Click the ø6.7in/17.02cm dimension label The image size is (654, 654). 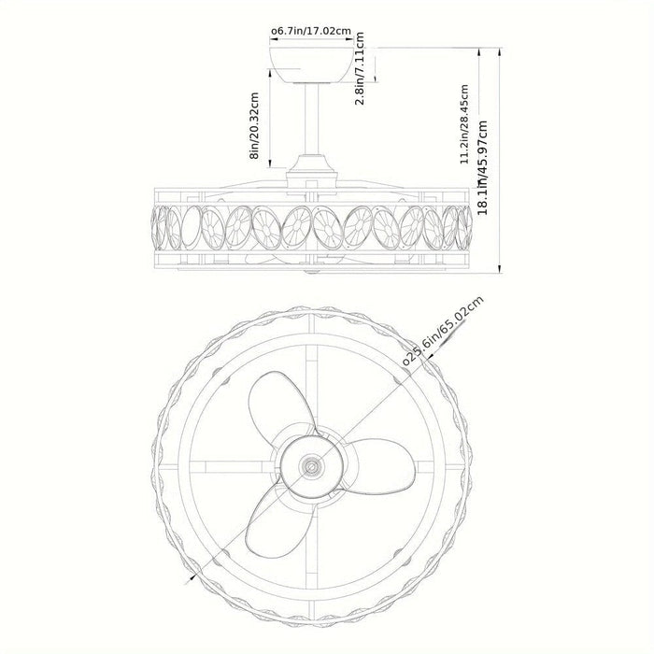(311, 31)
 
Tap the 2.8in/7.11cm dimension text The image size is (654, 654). (360, 68)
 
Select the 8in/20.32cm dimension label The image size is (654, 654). (254, 125)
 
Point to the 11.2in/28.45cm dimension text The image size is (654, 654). (464, 124)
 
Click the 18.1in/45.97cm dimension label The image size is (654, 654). (483, 167)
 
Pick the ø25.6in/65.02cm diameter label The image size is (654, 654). (443, 331)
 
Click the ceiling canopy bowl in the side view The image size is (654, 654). (311, 64)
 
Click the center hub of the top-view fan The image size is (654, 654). (311, 466)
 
